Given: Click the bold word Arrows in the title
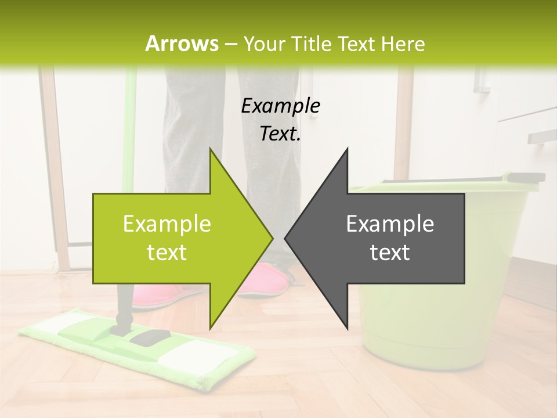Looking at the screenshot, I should tap(182, 44).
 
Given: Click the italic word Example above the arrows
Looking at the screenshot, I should tap(280, 106).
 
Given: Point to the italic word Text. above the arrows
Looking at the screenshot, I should tap(280, 134).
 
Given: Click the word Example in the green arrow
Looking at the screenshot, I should tap(167, 224).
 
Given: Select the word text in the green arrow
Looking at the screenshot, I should tap(167, 253).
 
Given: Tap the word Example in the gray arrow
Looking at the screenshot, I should tap(390, 224).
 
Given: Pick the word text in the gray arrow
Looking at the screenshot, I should tap(390, 253).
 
